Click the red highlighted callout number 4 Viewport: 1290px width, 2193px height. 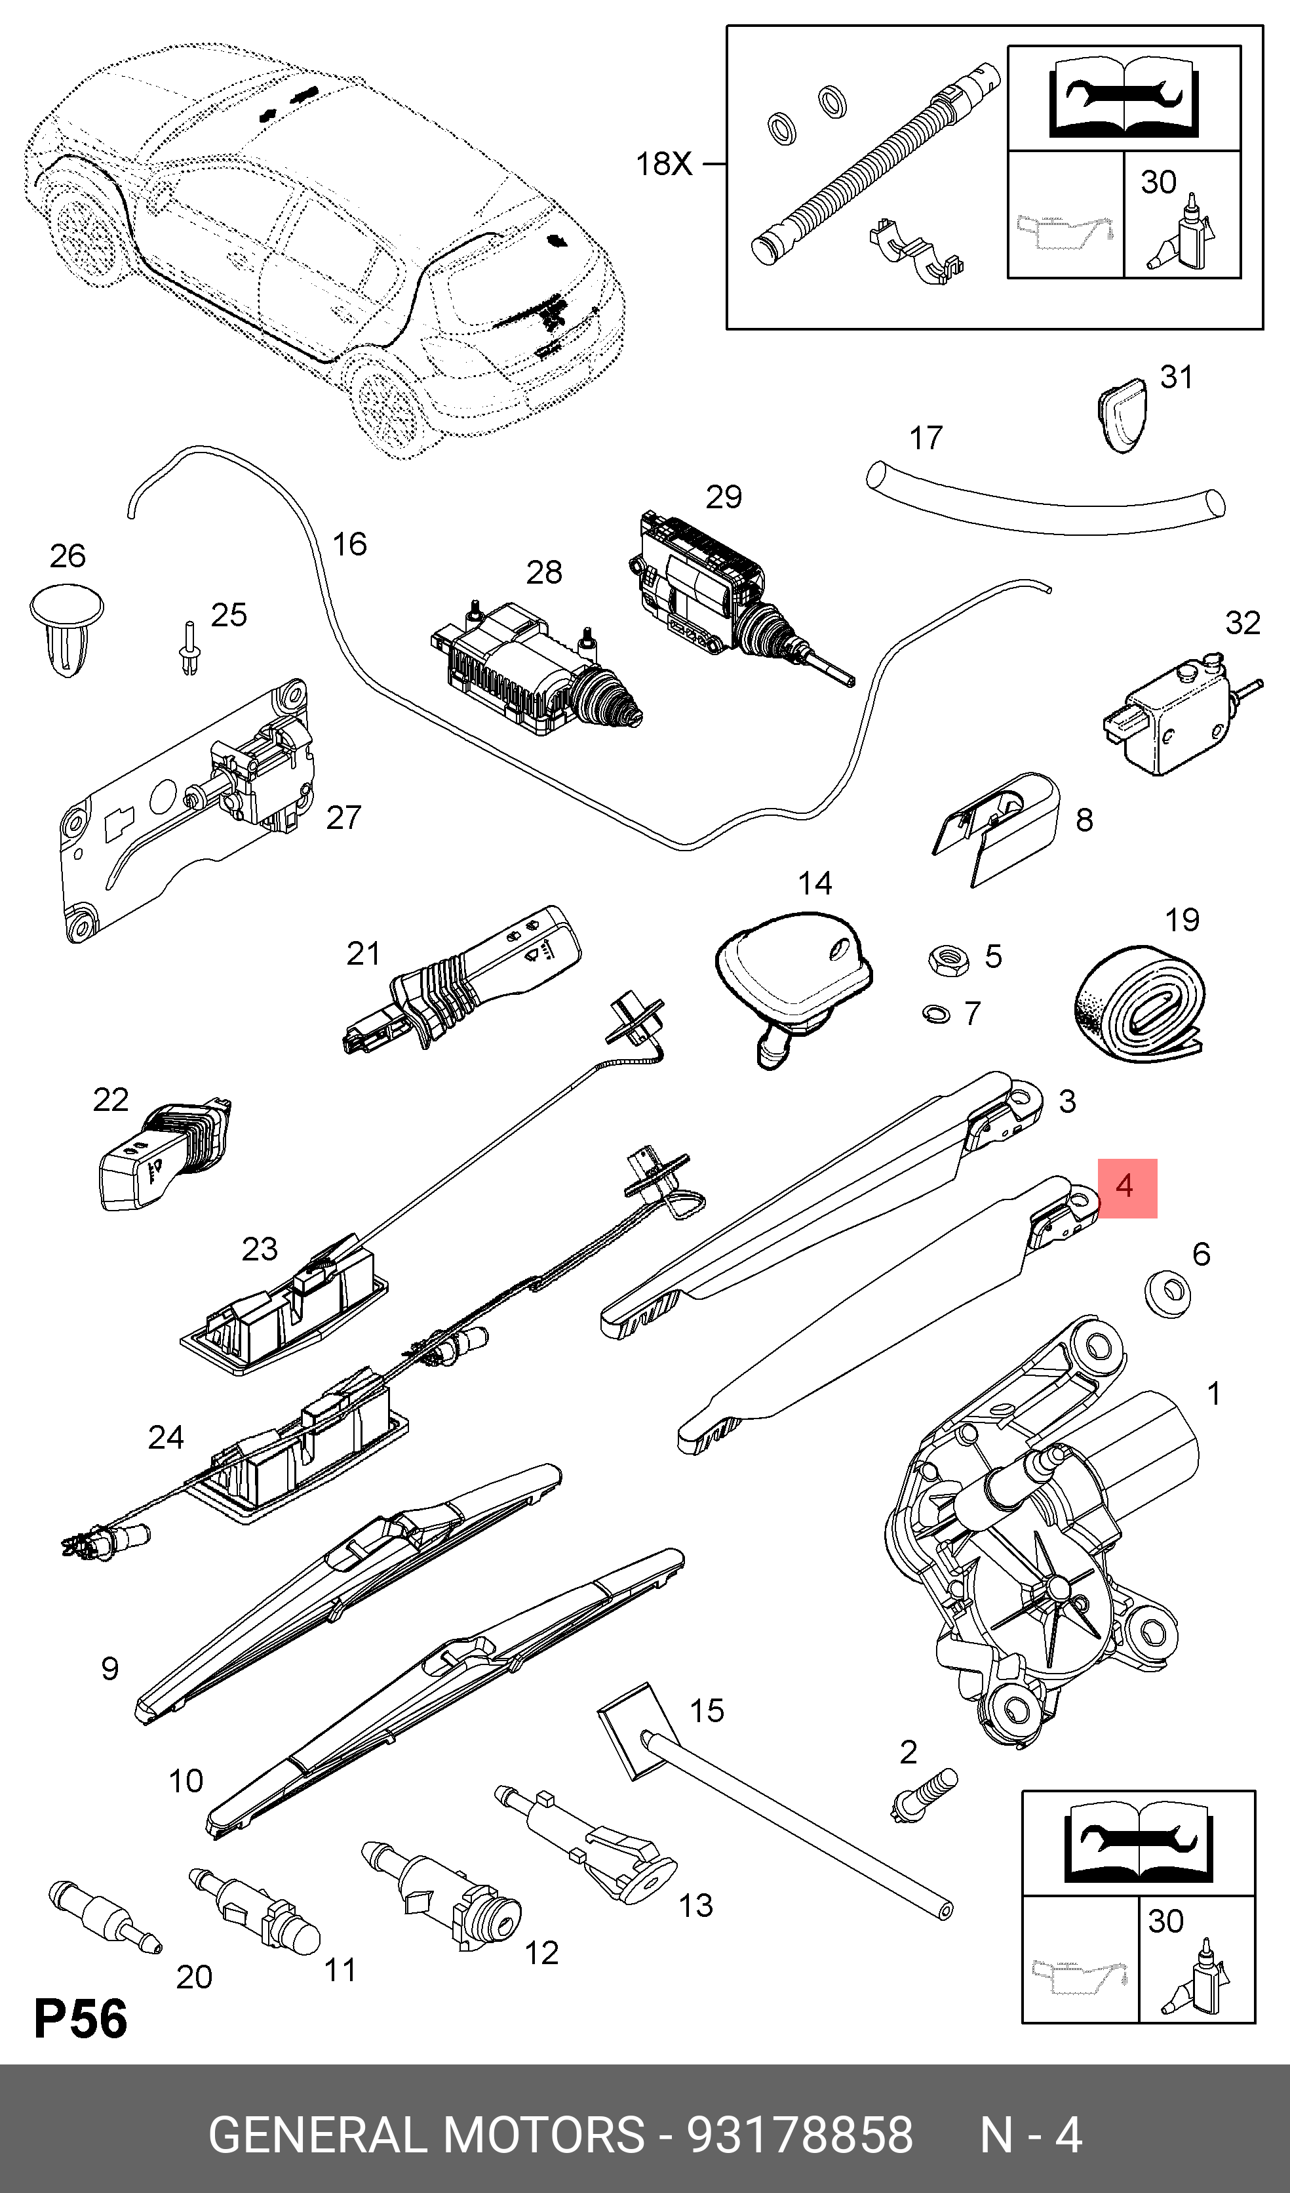click(x=1127, y=1187)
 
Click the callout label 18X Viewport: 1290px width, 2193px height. click(x=664, y=163)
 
